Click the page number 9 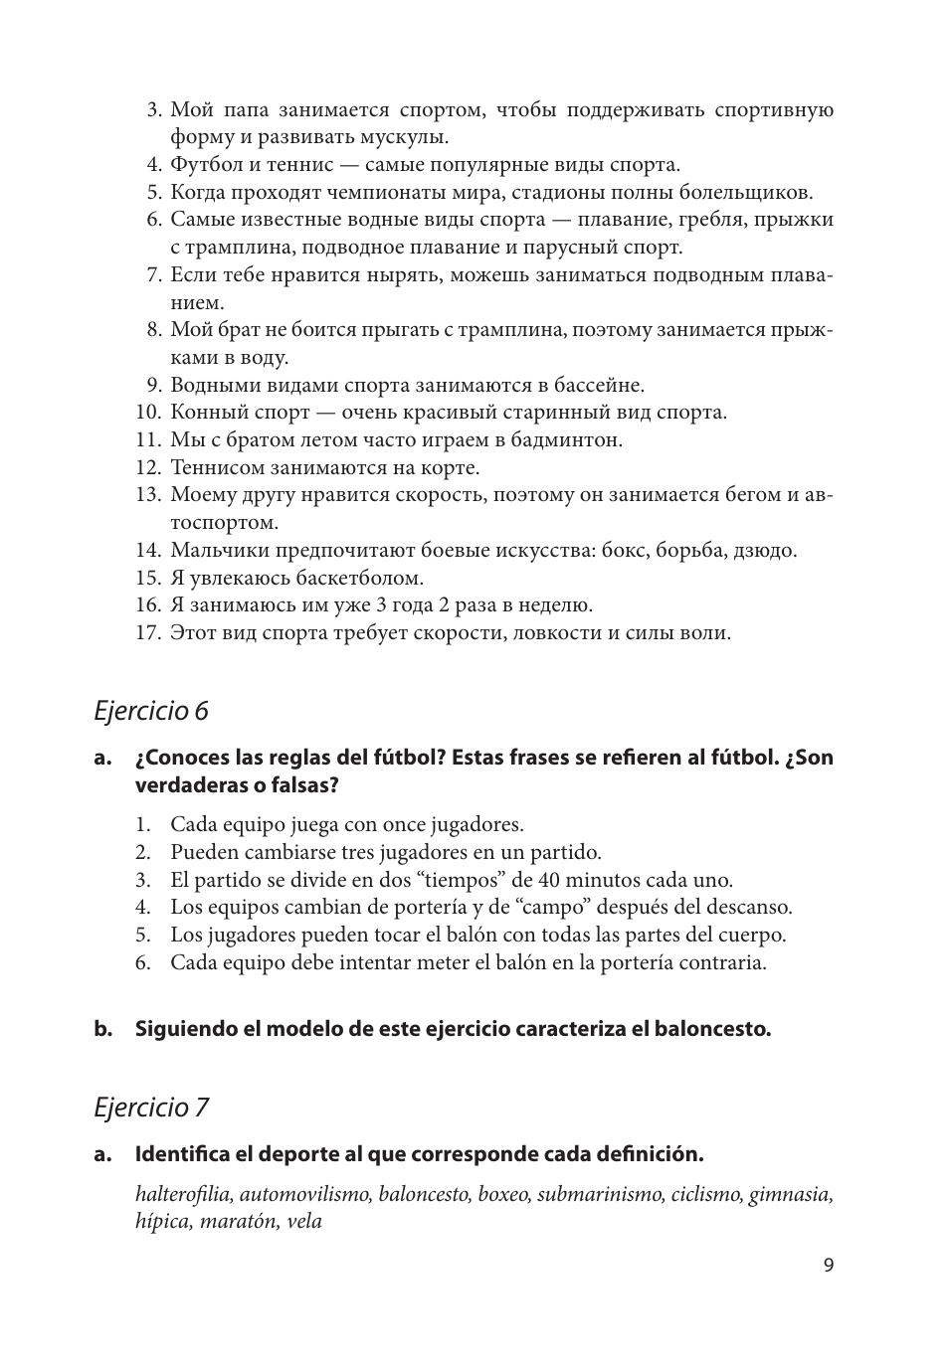tap(829, 1265)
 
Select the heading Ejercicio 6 tap(151, 711)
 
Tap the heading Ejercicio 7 tap(151, 1107)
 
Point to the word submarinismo tap(600, 1194)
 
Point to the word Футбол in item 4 tap(203, 165)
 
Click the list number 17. tap(147, 632)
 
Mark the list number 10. tap(147, 412)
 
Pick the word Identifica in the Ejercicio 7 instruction tap(183, 1154)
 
